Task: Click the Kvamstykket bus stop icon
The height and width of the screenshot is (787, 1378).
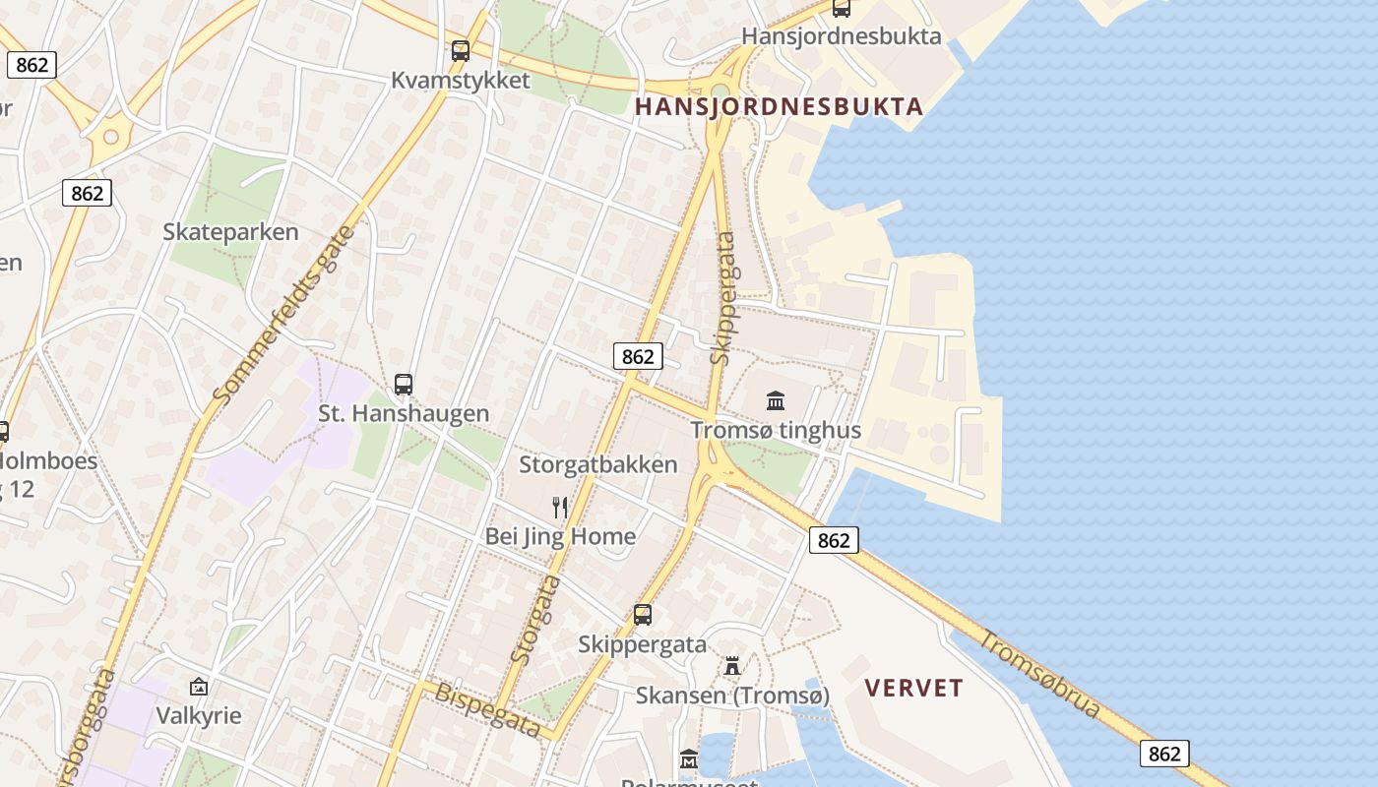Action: point(461,51)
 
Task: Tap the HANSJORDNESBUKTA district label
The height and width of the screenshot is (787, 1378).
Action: point(779,106)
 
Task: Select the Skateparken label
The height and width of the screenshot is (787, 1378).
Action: point(230,232)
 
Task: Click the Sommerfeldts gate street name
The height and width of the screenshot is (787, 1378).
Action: point(282,316)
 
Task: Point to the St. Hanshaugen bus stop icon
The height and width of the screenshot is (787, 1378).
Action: point(404,385)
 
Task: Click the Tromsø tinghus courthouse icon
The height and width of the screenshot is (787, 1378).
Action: point(776,400)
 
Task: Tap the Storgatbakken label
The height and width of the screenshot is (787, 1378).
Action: point(598,464)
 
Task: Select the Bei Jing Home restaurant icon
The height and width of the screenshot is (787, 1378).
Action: point(560,508)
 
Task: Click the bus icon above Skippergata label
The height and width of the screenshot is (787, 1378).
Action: point(643,615)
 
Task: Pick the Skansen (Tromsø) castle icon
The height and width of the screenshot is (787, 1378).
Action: point(732,666)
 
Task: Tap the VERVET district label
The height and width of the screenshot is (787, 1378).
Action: point(913,688)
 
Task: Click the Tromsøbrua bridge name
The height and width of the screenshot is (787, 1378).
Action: point(1040,674)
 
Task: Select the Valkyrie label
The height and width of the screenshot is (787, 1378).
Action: point(199,715)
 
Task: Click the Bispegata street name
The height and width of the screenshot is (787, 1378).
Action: point(488,709)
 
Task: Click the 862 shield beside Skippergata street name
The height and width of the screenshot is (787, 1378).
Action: point(638,356)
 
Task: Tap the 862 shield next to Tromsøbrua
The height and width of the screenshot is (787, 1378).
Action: point(1164,754)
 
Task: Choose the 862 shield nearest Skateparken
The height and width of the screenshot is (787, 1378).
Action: point(88,193)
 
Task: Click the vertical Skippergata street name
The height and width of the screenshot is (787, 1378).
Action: point(723,298)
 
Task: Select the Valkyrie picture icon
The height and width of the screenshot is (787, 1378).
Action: point(199,686)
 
